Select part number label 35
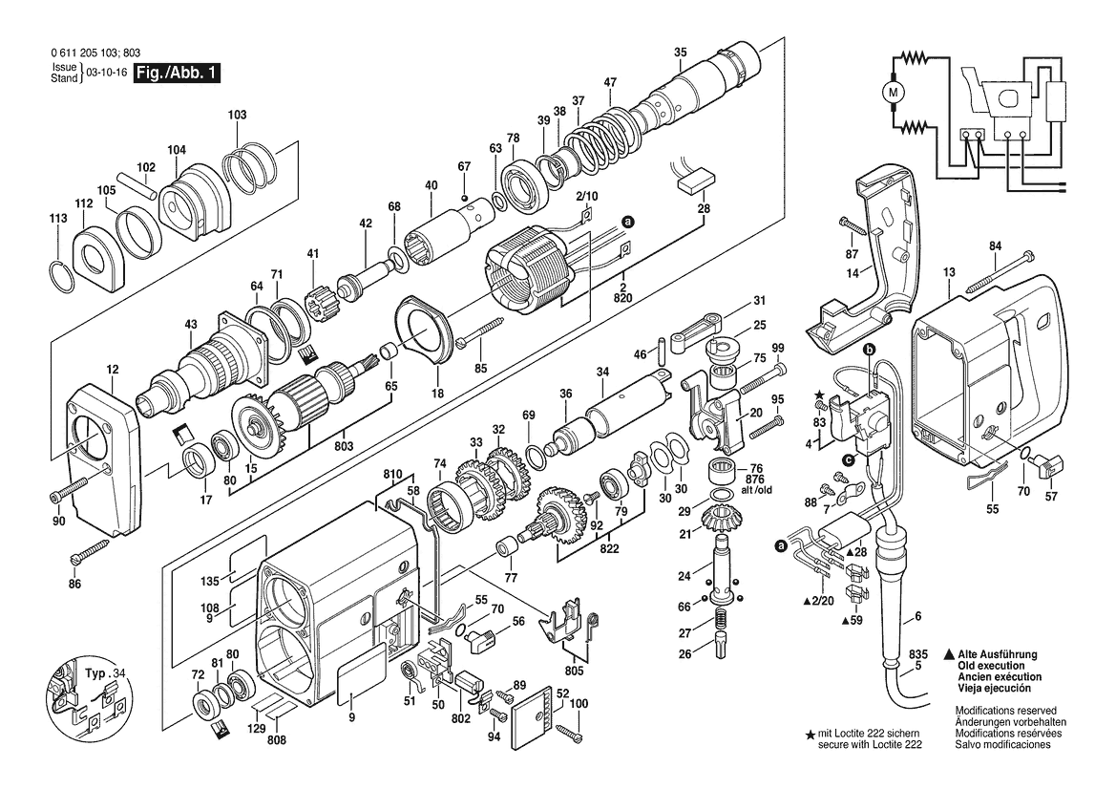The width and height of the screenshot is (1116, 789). pos(681,52)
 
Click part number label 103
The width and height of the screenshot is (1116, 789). pos(237,115)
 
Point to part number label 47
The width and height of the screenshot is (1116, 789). pos(610,82)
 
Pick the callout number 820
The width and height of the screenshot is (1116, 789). pos(622,298)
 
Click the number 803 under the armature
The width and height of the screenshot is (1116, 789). pos(344,446)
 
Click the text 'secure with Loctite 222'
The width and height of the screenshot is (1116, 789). pos(870,744)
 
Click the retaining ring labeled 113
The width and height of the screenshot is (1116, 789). pos(62,276)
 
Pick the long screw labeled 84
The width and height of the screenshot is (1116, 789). pos(1000,271)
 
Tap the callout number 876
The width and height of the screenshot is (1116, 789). pos(754,480)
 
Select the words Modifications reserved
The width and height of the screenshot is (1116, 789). pos(1005,711)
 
